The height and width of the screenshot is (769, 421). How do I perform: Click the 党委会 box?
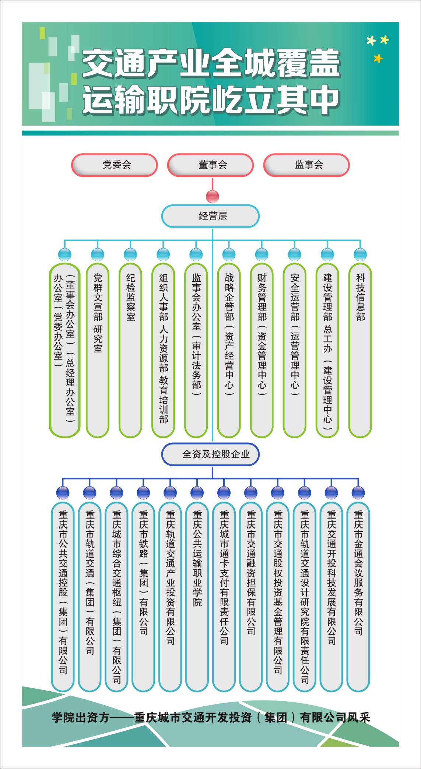(x=115, y=165)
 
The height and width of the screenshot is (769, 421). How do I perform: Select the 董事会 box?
(x=210, y=165)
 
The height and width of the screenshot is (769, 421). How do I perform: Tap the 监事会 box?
(x=306, y=165)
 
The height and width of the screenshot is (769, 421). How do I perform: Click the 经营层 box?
(x=210, y=216)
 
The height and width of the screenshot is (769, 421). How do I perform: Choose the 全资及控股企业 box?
(x=210, y=454)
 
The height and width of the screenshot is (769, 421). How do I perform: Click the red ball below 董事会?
(x=213, y=196)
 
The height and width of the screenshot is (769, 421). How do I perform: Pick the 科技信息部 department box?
(x=360, y=350)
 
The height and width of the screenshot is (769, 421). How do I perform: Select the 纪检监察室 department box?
(x=130, y=350)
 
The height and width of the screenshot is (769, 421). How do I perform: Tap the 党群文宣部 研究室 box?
(x=98, y=350)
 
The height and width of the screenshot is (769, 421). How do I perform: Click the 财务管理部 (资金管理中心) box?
(x=262, y=350)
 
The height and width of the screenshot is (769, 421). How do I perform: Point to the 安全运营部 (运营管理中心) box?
(x=294, y=350)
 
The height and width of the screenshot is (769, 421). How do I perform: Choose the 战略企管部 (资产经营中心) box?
(x=229, y=350)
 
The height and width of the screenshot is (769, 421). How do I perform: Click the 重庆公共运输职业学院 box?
(x=197, y=597)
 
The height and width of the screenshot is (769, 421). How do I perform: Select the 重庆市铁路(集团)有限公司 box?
(x=143, y=597)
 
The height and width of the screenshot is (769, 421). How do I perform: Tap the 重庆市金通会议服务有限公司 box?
(x=358, y=597)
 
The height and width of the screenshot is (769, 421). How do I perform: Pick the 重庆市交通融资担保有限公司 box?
(x=251, y=597)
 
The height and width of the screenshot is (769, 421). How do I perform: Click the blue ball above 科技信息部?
(x=360, y=254)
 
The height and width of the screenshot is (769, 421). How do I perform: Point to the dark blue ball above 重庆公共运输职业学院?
(x=197, y=492)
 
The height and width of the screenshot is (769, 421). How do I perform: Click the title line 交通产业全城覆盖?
(x=211, y=63)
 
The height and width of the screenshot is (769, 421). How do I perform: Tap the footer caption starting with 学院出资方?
(x=211, y=718)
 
